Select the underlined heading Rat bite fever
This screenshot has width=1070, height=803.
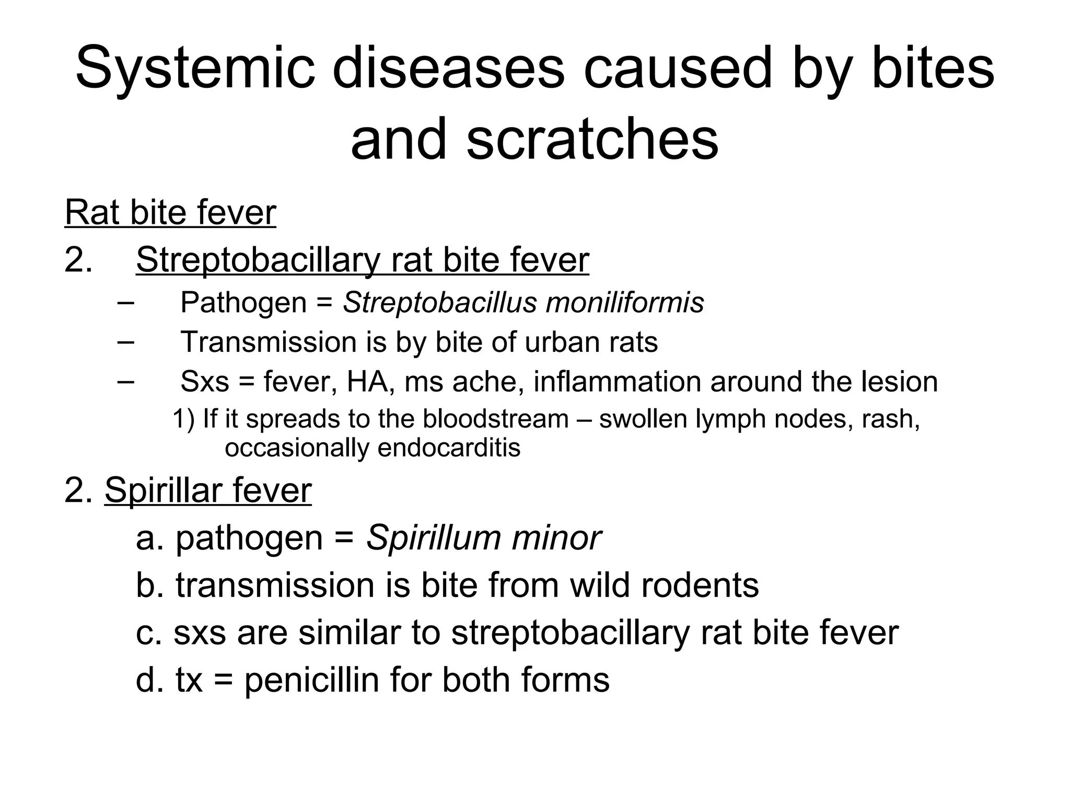[x=170, y=213]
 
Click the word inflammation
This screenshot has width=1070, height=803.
[x=617, y=381]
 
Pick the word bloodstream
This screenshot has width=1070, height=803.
[x=495, y=419]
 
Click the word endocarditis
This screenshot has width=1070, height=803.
[x=449, y=448]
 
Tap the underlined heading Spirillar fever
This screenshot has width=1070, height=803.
[x=208, y=490]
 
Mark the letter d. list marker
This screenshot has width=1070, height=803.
[x=149, y=680]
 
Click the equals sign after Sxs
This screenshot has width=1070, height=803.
[x=246, y=382]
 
